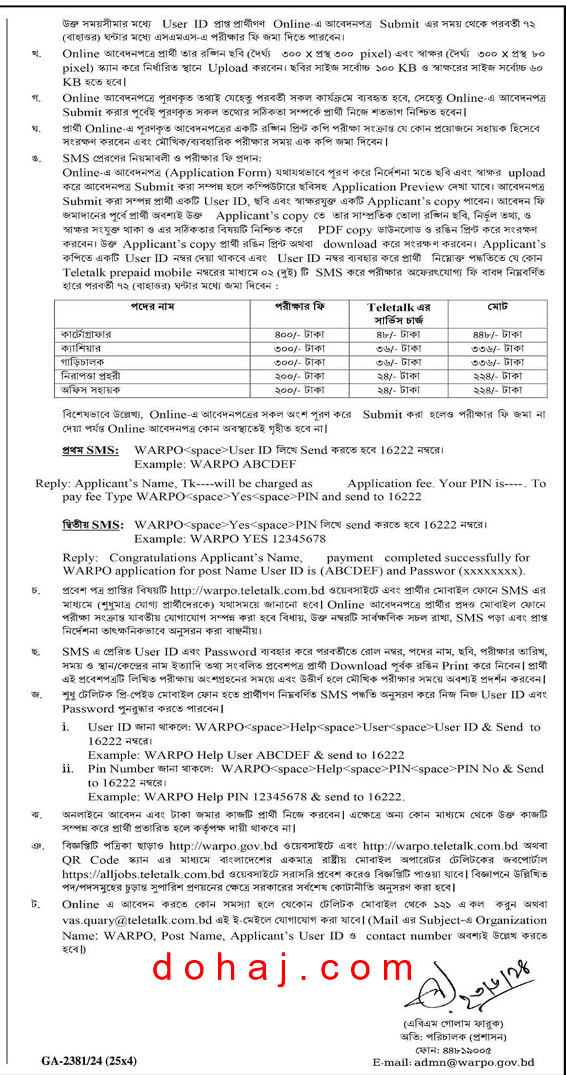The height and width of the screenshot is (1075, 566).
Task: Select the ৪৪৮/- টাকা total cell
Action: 497,334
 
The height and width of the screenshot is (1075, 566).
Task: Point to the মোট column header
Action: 497,307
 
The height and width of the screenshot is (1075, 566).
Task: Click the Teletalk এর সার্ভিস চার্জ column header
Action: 398,314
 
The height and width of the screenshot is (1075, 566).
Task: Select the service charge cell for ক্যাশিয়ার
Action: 398,348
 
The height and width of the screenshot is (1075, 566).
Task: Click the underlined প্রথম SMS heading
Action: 90,450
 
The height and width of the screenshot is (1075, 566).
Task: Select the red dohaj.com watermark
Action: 284,968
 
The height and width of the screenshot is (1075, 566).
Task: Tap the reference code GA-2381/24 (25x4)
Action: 89,1060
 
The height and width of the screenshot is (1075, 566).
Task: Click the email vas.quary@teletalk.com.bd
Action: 137,920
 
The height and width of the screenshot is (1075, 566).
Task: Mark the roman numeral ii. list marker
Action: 68,769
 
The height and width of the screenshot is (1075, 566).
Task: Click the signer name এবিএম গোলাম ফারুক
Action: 453,1024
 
